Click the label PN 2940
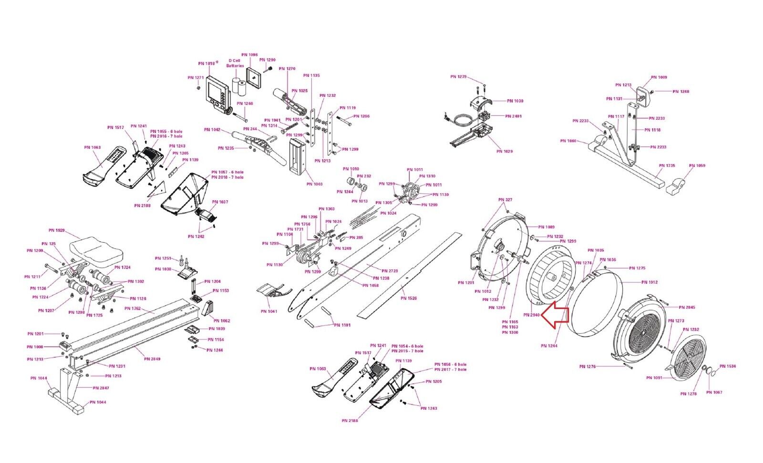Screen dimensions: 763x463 (531, 315)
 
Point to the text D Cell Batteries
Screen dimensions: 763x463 (235, 63)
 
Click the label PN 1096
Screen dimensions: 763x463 (249, 55)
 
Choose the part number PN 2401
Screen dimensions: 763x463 (514, 116)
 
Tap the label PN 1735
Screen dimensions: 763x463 (667, 166)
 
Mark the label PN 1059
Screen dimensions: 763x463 (697, 166)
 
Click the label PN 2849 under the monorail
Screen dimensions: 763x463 (152, 359)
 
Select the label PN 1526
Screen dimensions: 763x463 (409, 298)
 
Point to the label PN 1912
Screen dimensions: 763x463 (649, 282)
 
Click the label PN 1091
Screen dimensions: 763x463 (654, 378)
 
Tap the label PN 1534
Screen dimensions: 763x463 (728, 367)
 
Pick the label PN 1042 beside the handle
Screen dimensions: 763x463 (212, 130)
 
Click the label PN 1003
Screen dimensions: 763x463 (314, 184)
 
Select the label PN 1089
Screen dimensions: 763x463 (546, 227)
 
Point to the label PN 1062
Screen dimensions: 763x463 (222, 321)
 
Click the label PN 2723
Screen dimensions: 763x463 (390, 271)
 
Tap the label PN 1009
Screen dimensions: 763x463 (659, 77)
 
